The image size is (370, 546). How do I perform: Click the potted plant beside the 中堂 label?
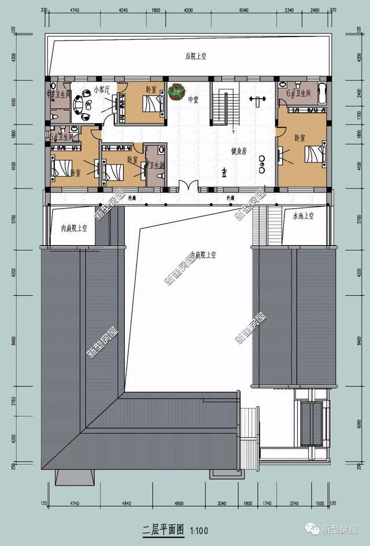(176, 91)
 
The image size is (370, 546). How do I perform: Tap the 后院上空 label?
(196, 56)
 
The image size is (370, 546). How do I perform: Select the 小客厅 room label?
(101, 90)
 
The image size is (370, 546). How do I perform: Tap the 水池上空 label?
(302, 216)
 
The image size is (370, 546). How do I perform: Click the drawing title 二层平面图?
(163, 529)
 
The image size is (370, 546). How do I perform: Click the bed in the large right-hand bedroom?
(314, 155)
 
